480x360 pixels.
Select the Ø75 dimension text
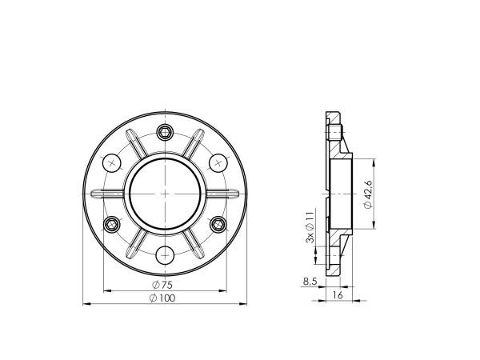(162, 285)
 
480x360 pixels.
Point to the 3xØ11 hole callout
(310, 227)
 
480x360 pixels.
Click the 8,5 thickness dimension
(310, 281)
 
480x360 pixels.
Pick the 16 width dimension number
(337, 295)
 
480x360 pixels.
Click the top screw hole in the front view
(166, 132)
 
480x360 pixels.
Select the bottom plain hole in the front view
(166, 255)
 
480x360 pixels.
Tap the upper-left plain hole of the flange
(112, 162)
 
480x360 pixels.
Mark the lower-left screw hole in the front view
(112, 224)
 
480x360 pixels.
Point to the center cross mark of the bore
(166, 194)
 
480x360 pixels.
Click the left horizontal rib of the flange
(107, 194)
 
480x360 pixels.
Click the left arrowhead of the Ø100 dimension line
(86, 304)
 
